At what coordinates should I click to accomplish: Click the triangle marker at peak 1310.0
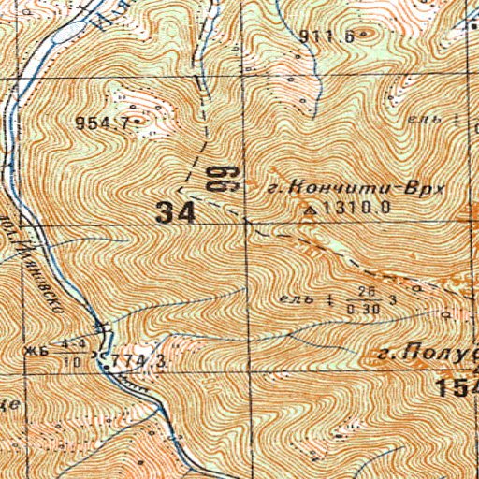tap(311, 210)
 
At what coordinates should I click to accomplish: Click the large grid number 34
tap(176, 212)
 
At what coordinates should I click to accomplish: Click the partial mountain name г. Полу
tap(430, 356)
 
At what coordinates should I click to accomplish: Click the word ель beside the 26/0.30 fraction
tap(294, 299)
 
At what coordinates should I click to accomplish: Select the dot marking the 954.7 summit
tap(137, 123)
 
